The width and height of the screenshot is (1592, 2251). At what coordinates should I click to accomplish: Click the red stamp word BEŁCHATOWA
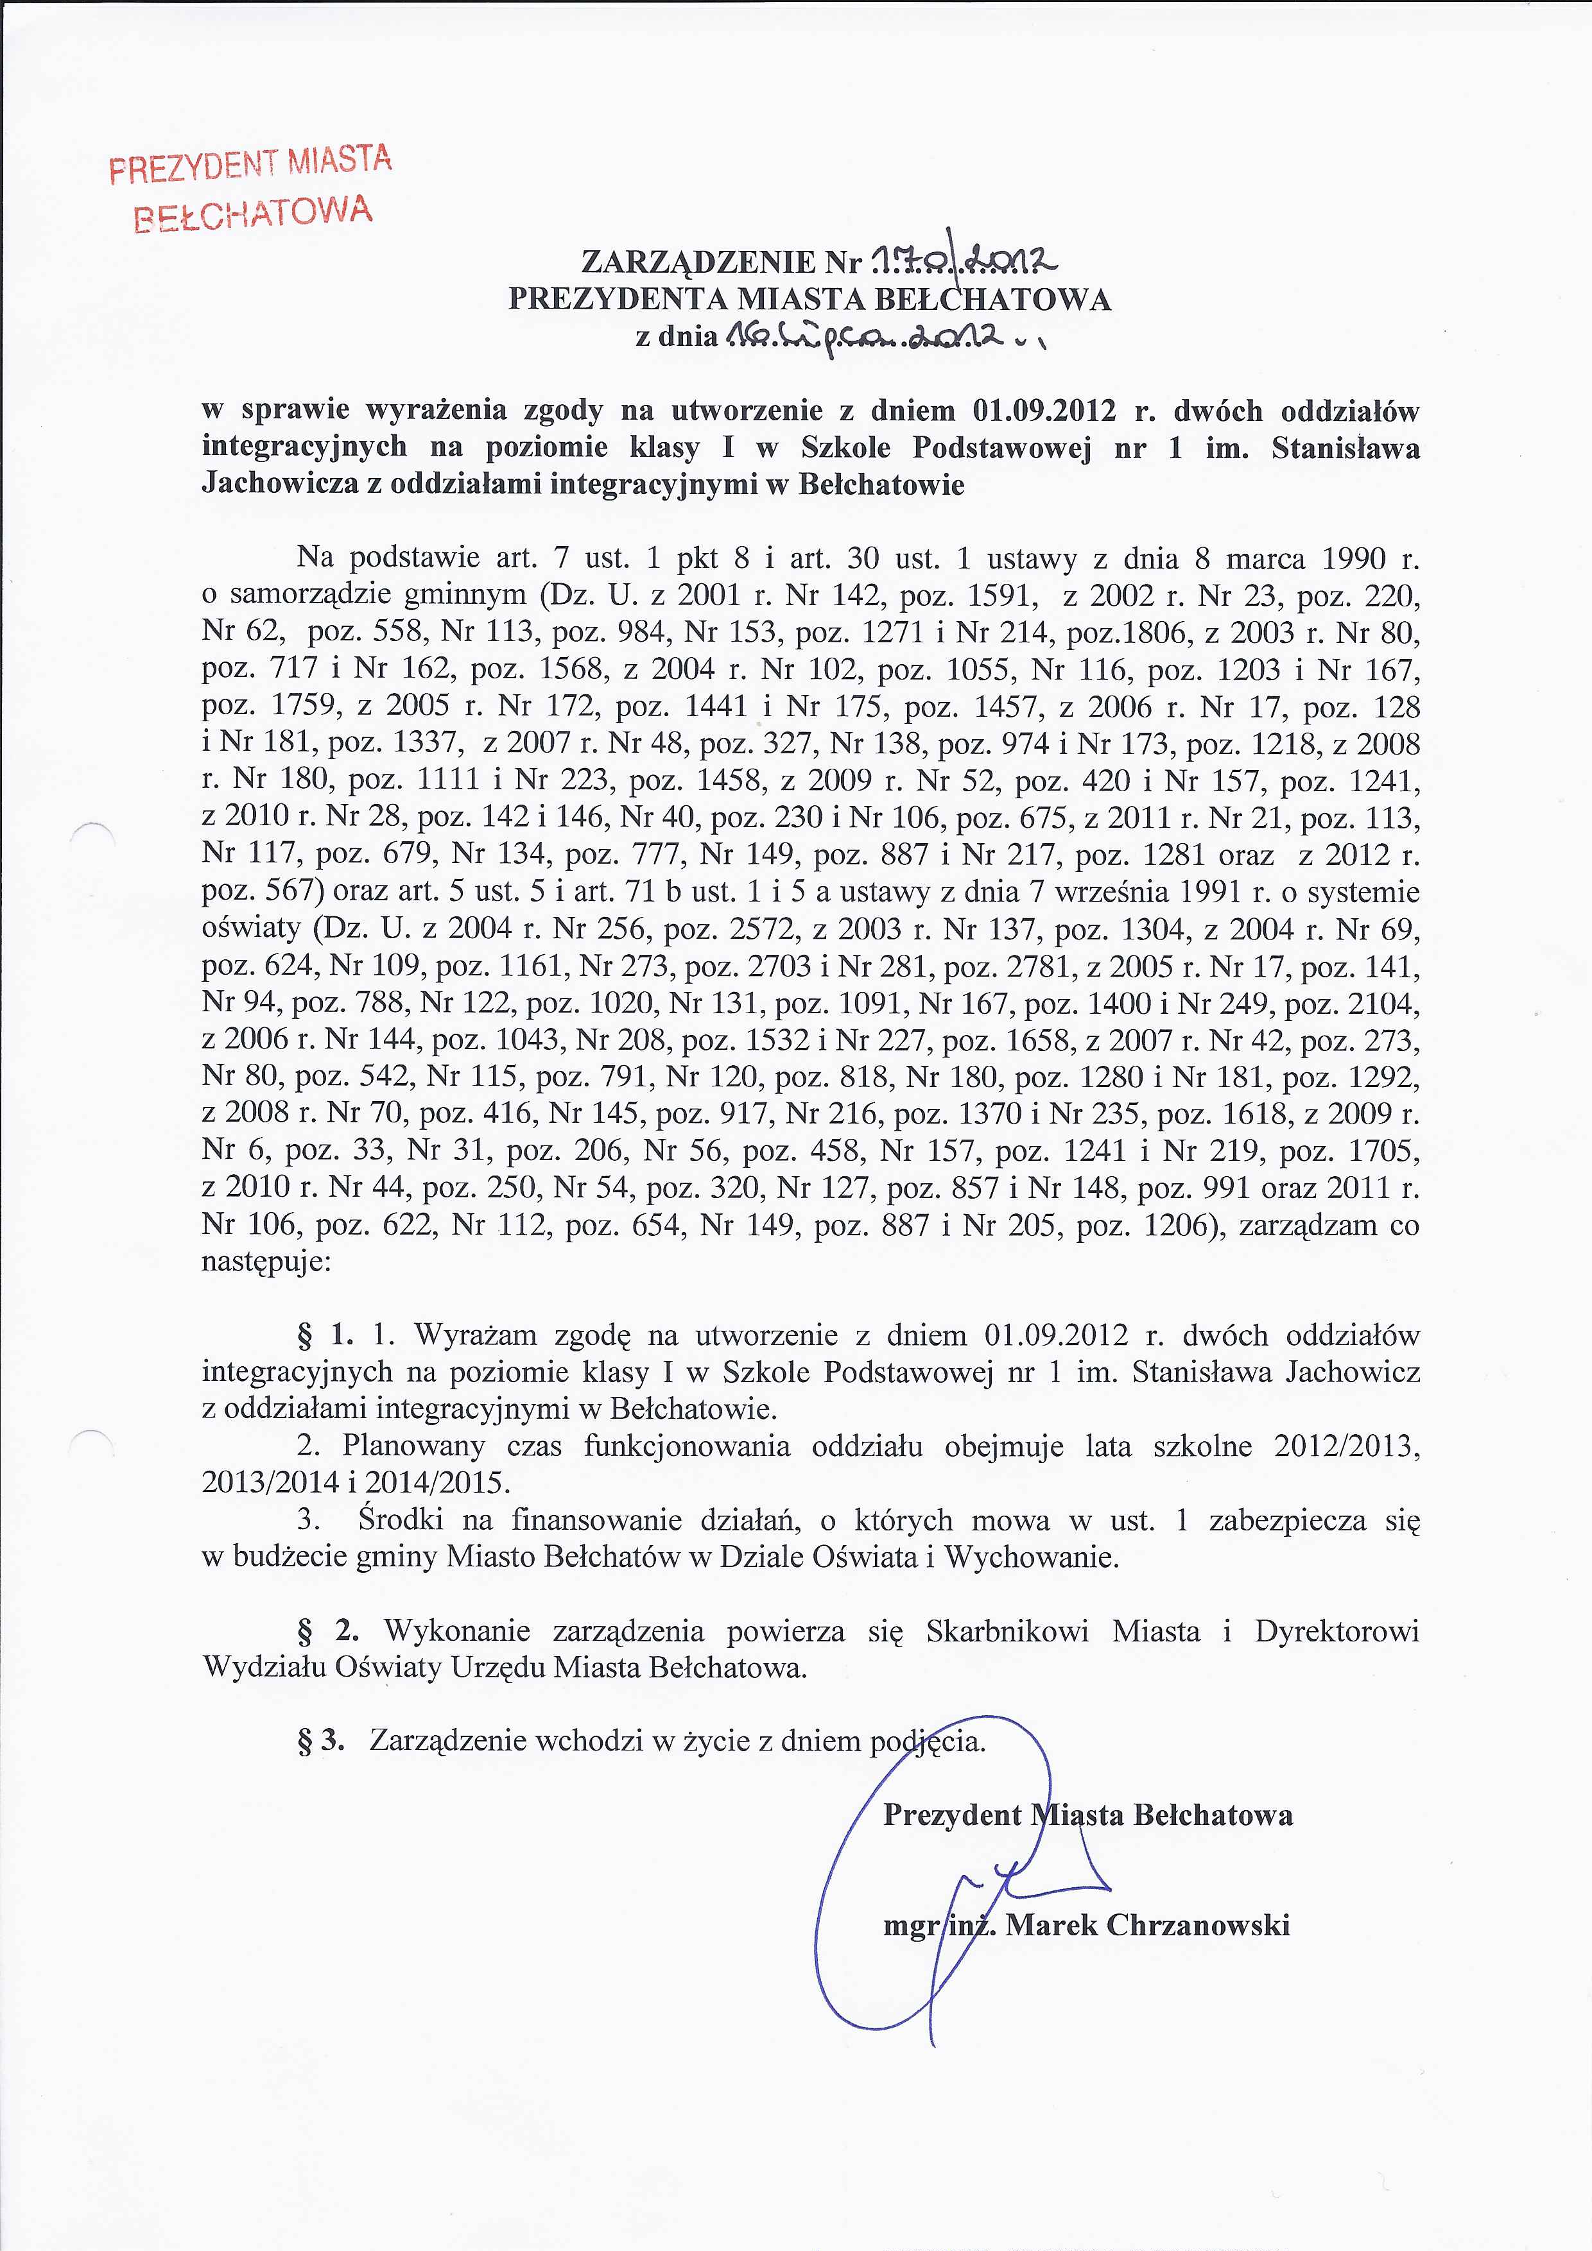(x=253, y=214)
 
